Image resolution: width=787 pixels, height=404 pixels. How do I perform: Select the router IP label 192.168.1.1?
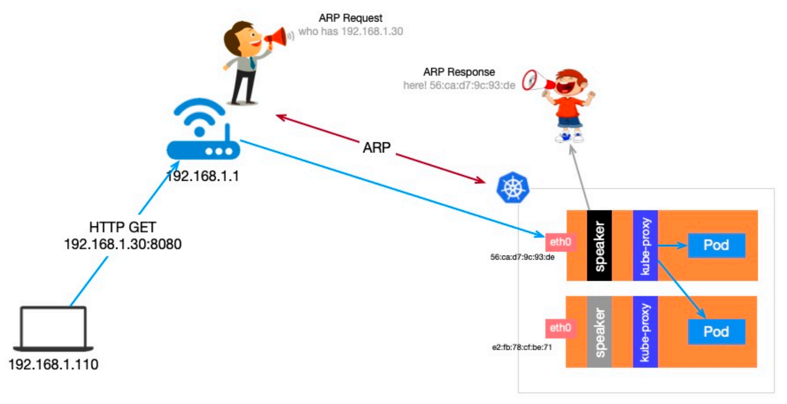[x=203, y=176]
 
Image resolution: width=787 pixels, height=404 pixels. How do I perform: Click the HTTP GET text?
[x=122, y=227]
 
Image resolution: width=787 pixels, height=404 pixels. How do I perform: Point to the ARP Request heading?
[x=350, y=18]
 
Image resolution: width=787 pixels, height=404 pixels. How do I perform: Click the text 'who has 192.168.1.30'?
[x=350, y=32]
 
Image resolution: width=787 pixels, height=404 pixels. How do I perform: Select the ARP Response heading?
[x=459, y=72]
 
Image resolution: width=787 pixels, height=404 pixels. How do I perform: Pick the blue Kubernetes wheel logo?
[x=512, y=187]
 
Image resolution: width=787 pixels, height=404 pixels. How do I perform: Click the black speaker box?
[x=599, y=246]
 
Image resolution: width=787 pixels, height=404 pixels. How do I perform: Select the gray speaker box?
[x=599, y=332]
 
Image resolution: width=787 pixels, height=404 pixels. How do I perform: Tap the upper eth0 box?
[x=561, y=242]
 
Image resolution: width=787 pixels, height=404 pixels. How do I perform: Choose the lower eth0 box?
[x=561, y=328]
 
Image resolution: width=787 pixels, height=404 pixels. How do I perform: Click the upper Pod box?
[x=716, y=245]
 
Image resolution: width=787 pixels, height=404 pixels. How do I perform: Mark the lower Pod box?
[x=716, y=332]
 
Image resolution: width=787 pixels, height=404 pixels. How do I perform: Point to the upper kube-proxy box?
[x=645, y=246]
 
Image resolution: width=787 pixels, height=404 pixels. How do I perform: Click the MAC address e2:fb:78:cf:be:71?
[x=522, y=347]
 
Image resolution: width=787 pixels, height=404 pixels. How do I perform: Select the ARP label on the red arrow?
[x=377, y=147]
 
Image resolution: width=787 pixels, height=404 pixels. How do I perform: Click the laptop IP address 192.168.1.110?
[x=53, y=365]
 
